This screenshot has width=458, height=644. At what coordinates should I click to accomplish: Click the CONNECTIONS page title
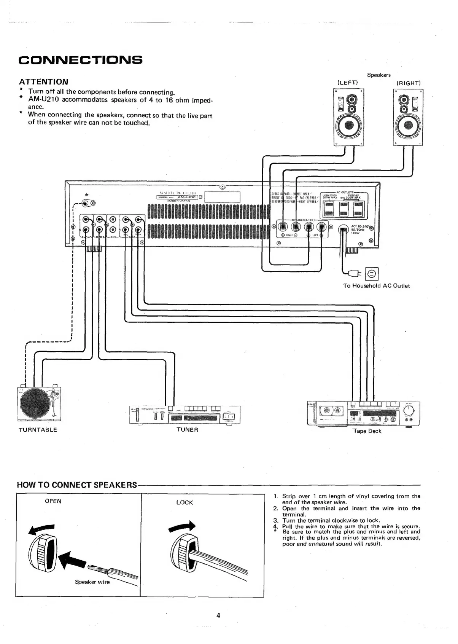81,60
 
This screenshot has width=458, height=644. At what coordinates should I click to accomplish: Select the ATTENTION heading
44,81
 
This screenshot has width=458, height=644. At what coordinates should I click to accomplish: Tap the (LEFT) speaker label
348,83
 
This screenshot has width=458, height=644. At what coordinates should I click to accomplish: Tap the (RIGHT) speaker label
409,83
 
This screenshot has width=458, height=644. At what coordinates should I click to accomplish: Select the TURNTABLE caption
38,430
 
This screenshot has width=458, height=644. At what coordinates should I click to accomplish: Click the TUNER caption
188,430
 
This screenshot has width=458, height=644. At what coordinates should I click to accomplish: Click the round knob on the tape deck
409,410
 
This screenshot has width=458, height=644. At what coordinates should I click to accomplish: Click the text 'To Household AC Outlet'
377,285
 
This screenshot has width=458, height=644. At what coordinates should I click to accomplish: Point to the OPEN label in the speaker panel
53,501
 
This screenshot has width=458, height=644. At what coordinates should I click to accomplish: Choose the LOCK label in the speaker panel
184,502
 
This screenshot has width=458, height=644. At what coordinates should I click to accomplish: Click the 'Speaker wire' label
92,582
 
